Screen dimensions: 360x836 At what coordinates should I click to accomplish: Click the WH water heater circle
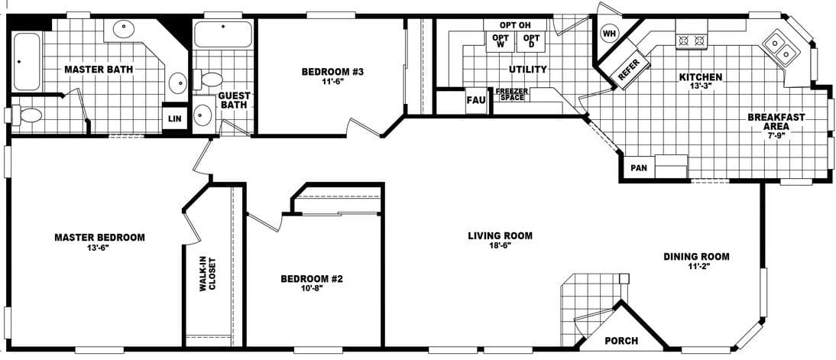pyautogui.click(x=609, y=34)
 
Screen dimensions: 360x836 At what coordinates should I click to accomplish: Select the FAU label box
pyautogui.click(x=475, y=100)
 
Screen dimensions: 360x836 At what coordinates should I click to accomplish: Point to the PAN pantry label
pyautogui.click(x=638, y=167)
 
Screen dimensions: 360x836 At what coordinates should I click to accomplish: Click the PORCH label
pyautogui.click(x=621, y=340)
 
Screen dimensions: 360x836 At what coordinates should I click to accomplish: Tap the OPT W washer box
pyautogui.click(x=501, y=41)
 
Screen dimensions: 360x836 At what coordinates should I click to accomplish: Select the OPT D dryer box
pyautogui.click(x=531, y=41)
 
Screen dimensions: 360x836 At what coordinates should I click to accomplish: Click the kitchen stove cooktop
pyautogui.click(x=692, y=39)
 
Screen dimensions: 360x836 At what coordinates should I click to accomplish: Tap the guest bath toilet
pyautogui.click(x=209, y=77)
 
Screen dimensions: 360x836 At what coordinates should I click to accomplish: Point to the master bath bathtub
pyautogui.click(x=25, y=60)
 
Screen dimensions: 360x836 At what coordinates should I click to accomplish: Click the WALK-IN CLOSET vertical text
pyautogui.click(x=208, y=285)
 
